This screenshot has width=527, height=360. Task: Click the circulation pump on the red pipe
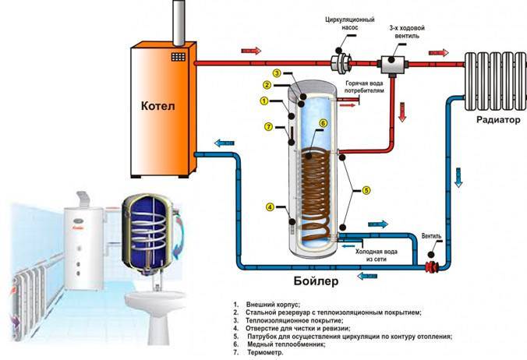click(x=341, y=62)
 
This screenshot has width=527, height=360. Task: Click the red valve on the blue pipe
click(x=431, y=266)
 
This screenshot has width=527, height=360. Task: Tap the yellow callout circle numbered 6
click(x=323, y=122)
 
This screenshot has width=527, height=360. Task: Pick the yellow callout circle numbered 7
click(x=268, y=127)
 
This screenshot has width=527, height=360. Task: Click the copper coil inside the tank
click(x=315, y=187)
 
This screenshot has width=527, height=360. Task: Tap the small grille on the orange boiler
click(x=179, y=57)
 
